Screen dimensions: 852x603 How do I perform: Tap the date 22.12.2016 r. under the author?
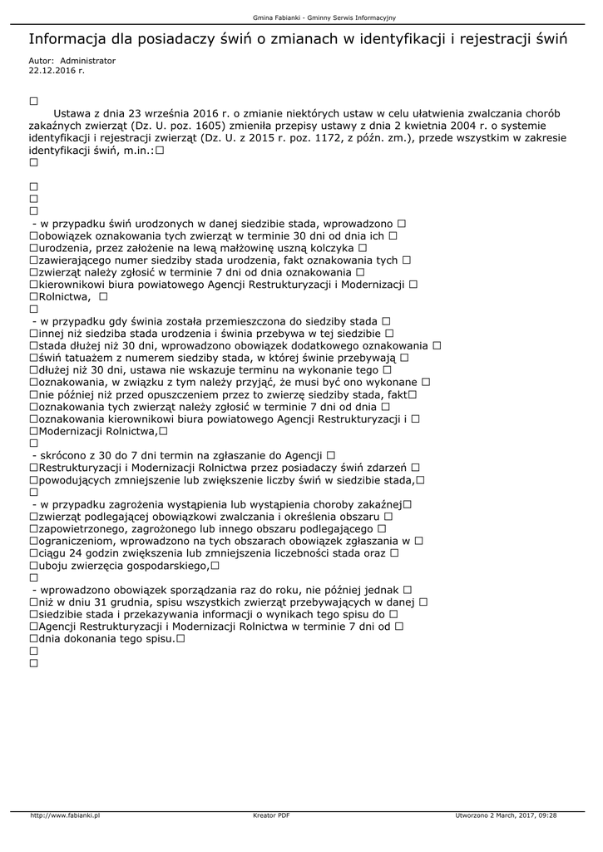coord(57,71)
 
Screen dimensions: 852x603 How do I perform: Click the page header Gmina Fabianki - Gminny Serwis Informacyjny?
coord(301,17)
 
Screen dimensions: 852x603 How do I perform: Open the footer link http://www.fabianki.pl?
coord(65,815)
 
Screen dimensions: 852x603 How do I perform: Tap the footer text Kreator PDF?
coord(271,815)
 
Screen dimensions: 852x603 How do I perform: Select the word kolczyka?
coord(328,248)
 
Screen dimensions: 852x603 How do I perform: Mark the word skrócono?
coord(66,455)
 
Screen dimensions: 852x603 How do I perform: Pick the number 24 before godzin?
coord(78,553)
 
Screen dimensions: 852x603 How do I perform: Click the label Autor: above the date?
coord(42,61)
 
